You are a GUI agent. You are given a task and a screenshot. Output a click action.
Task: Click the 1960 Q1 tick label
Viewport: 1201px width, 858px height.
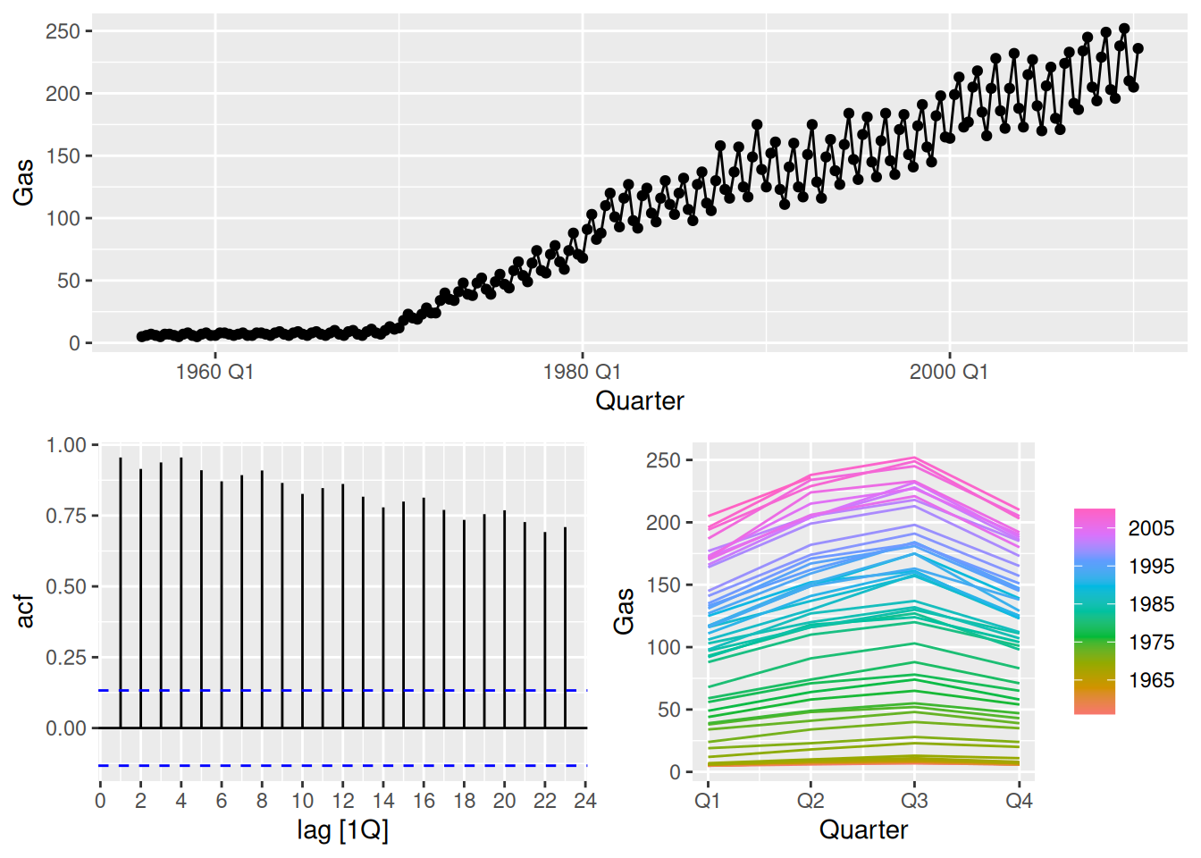[215, 372]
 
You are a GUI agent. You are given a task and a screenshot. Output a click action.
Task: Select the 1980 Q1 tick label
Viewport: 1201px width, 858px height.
[582, 372]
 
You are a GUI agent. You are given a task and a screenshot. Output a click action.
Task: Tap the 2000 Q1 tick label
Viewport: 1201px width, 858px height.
[949, 372]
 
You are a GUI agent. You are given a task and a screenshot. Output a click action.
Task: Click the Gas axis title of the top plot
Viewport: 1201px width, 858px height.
[23, 182]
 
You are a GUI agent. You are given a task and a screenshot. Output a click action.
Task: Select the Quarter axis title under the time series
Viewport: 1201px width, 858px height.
[640, 400]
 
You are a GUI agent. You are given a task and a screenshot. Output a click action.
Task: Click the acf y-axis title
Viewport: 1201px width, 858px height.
[25, 611]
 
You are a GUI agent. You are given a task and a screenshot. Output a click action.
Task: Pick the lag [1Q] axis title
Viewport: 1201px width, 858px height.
[342, 830]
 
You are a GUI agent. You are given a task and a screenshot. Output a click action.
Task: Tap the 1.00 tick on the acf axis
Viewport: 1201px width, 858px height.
[66, 445]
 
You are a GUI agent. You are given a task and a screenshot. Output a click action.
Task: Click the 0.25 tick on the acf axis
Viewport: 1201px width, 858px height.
[66, 658]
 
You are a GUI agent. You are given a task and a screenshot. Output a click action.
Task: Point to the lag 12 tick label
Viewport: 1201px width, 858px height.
[342, 801]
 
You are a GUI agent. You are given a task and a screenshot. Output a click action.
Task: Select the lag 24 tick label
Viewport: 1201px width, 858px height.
[585, 801]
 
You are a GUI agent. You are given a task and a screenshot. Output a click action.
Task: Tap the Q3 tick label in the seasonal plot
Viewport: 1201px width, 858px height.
[914, 800]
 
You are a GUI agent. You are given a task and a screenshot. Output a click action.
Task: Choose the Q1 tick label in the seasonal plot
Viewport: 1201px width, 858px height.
[707, 800]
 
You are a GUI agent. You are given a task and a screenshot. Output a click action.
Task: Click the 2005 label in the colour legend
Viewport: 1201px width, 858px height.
[1151, 528]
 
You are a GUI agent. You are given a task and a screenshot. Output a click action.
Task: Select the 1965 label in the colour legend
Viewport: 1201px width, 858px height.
[1151, 680]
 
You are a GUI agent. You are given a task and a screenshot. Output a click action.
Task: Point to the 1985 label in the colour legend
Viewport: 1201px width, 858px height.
[1151, 604]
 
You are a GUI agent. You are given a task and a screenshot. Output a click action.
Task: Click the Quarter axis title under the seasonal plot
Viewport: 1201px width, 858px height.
[863, 830]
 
